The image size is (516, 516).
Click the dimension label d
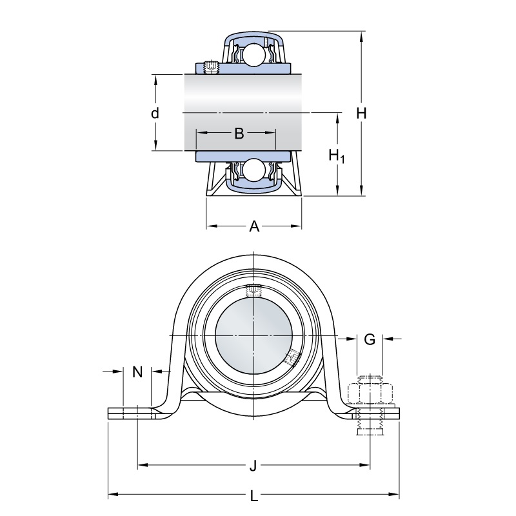(x=155, y=114)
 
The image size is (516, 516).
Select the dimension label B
(x=239, y=134)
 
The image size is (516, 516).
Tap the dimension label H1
(x=337, y=155)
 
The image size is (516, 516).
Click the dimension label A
(x=254, y=226)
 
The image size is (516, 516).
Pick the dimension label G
(x=370, y=339)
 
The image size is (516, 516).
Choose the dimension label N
(x=137, y=372)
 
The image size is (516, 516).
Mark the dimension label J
(x=253, y=465)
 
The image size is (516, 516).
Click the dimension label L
(x=254, y=496)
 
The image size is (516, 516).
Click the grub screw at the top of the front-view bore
(x=254, y=291)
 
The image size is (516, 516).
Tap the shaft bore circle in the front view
(x=254, y=337)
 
